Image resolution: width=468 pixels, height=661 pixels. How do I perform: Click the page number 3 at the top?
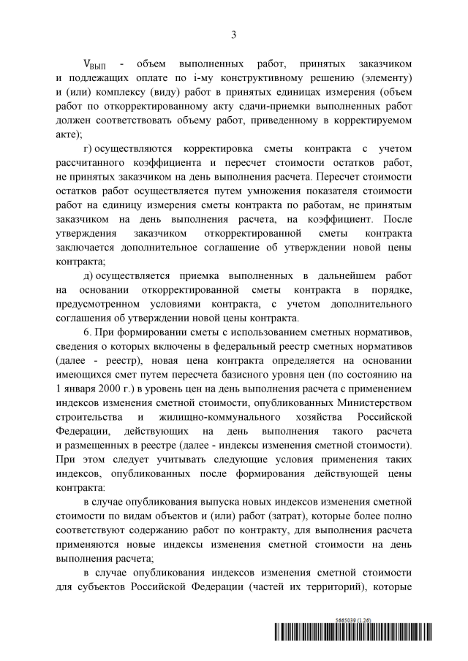coord(234,34)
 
